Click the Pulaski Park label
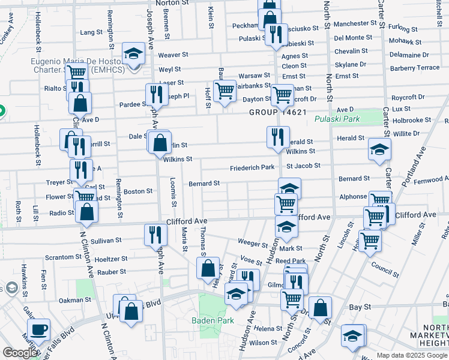click(x=337, y=119)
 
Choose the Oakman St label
click(x=74, y=299)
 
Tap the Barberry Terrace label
click(x=415, y=68)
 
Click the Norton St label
click(x=172, y=3)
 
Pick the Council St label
click(x=385, y=266)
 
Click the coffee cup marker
click(x=39, y=329)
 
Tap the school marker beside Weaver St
click(x=133, y=53)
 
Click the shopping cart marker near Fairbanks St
click(x=224, y=91)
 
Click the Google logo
click(x=19, y=353)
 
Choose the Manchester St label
click(x=359, y=23)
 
